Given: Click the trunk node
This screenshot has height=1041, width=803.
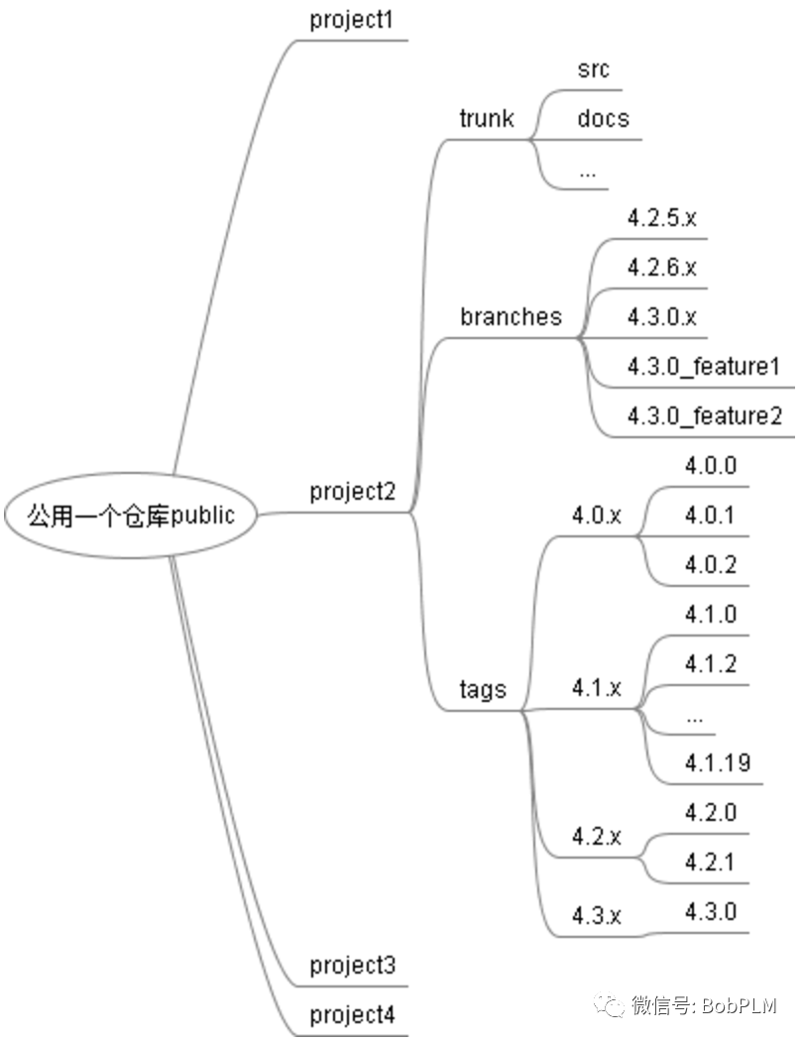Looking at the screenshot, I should click(x=487, y=119).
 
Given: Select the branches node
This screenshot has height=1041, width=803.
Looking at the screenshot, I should click(x=511, y=317).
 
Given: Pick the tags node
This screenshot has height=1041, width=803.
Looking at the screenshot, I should click(x=483, y=690).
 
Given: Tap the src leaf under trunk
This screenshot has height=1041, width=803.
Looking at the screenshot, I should click(x=593, y=69).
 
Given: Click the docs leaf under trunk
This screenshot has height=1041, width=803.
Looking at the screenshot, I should click(x=603, y=119).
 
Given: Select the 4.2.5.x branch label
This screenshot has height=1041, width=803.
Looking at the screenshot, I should click(x=662, y=218).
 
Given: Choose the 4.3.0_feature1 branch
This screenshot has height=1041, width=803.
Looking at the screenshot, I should click(x=704, y=367).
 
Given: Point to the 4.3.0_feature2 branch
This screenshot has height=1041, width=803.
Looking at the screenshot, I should click(x=704, y=416).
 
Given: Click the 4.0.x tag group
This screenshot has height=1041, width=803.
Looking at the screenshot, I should click(x=597, y=516).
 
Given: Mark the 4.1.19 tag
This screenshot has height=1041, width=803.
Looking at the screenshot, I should click(x=717, y=763).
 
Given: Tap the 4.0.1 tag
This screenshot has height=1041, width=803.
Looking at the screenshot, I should click(x=710, y=516).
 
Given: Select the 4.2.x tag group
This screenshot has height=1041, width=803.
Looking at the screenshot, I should click(x=597, y=837).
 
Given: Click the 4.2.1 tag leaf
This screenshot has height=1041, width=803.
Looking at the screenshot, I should click(x=710, y=863).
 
